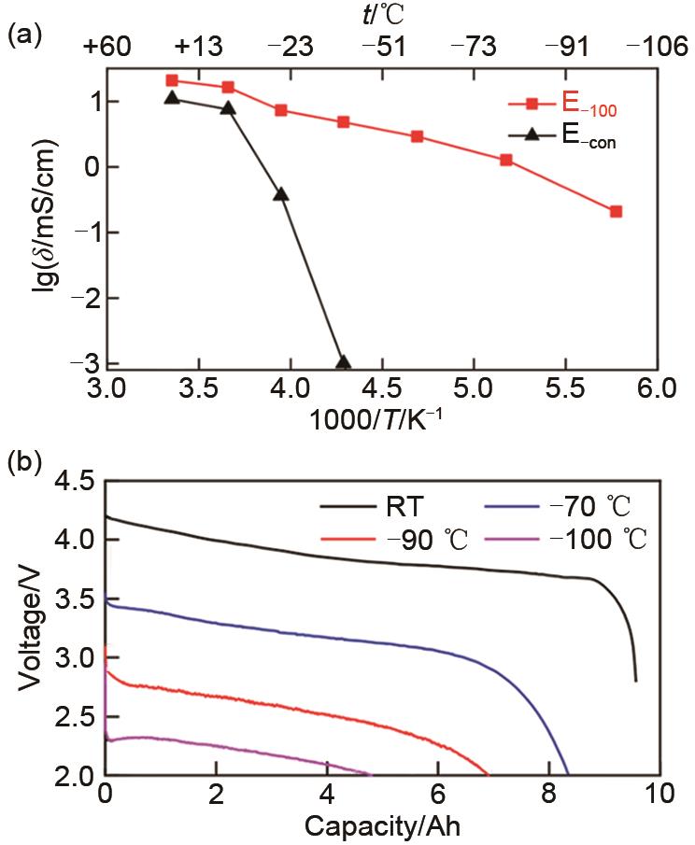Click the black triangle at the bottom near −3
pyautogui.click(x=343, y=362)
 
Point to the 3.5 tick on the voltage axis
pyautogui.click(x=74, y=599)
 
